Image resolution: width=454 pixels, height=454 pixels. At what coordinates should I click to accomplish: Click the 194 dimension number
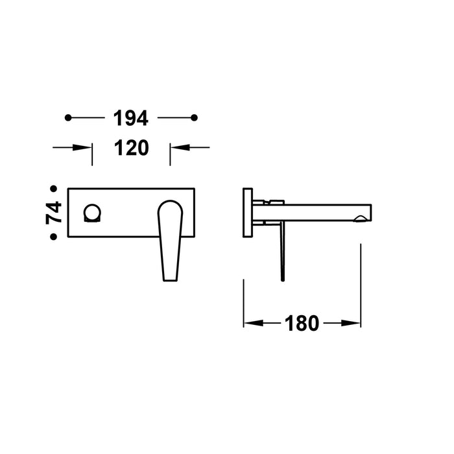pos(131,118)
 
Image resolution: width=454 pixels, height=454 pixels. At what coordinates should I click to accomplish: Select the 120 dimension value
pos(131,148)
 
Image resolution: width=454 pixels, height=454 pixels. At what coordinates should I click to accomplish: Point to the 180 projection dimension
pos(302,322)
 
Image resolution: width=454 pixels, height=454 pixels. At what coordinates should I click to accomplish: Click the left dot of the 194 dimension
pos(68,117)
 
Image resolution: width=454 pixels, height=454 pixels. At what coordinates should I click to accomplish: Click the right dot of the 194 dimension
pos(194,117)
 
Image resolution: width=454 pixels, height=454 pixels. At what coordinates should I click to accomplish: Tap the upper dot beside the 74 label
pos(54,189)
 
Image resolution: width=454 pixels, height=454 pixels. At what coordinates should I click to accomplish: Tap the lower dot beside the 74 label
pos(54,237)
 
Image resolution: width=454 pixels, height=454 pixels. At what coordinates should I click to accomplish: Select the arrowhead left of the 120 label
pos(86,148)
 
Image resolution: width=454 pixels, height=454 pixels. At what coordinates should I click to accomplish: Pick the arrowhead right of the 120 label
pos(176,148)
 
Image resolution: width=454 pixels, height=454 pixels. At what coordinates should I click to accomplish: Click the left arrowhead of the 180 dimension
pos(250,322)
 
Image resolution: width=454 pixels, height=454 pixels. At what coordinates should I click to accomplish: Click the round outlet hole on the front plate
pos(92,212)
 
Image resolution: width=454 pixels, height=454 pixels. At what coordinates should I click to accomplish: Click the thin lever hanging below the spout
pos(282,253)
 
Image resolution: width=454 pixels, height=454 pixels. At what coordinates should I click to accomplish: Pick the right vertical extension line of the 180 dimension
pos(361,285)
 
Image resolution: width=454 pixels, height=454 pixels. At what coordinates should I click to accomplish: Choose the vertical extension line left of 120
pos(93,154)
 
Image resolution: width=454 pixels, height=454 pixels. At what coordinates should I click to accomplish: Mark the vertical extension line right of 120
pos(170,154)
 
